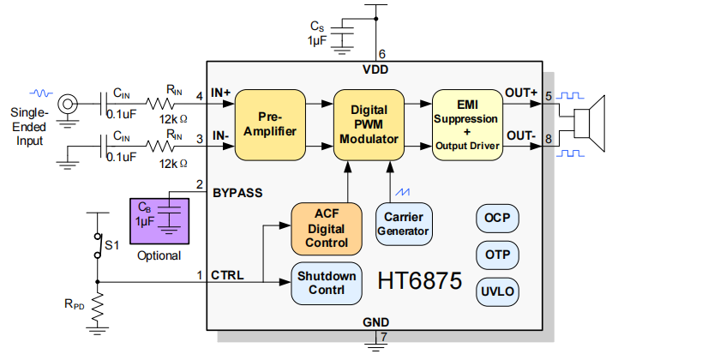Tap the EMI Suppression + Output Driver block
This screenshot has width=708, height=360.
click(x=466, y=124)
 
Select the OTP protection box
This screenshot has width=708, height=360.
click(x=497, y=255)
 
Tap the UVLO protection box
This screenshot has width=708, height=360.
click(x=497, y=291)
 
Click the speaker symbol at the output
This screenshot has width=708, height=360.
click(x=591, y=123)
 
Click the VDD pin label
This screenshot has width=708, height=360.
click(x=375, y=69)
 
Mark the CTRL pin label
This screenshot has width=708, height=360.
click(x=227, y=275)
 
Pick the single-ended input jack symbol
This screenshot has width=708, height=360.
click(x=67, y=105)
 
